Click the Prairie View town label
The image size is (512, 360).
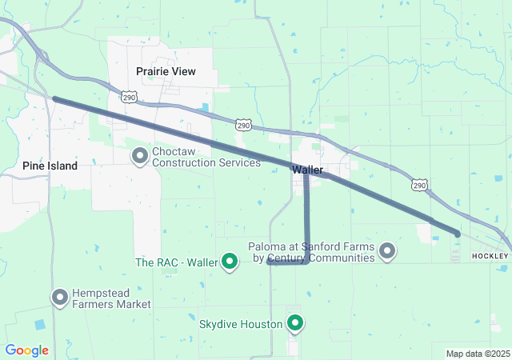[166, 71]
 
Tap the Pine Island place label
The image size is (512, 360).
[50, 166]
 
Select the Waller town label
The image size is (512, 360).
[308, 170]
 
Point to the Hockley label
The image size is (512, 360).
[490, 255]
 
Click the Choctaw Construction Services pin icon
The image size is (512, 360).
[140, 155]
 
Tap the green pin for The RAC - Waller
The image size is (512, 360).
[230, 261]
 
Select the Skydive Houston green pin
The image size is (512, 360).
[295, 323]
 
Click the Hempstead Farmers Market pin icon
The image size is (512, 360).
[60, 298]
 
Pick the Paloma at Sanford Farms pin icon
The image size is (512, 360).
[387, 252]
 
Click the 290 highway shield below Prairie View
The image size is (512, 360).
[130, 97]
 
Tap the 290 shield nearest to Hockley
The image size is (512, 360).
[419, 186]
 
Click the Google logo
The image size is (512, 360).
[26, 350]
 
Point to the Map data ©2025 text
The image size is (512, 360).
[477, 354]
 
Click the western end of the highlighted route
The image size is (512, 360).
[54, 98]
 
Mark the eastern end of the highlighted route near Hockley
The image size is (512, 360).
[457, 234]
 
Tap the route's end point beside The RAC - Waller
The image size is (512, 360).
[269, 262]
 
